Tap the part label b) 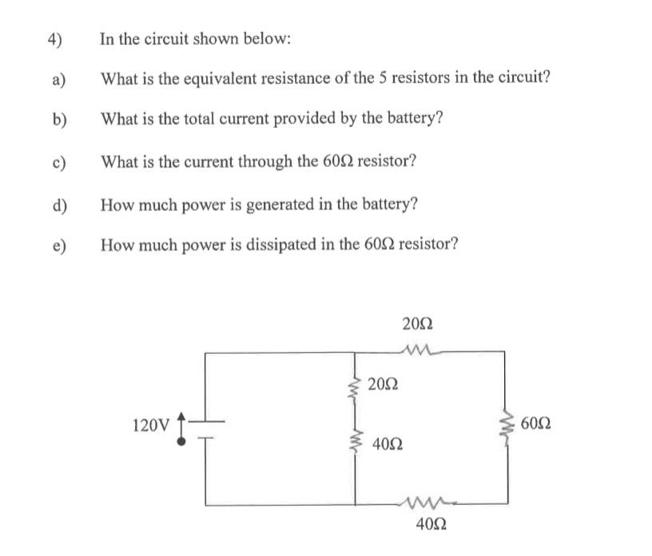[58, 120]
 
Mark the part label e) [58, 244]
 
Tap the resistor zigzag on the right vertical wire [505, 424]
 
